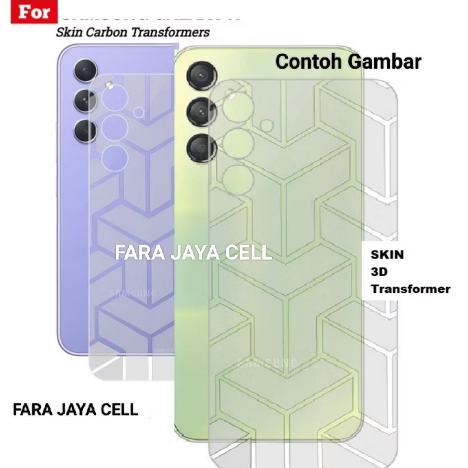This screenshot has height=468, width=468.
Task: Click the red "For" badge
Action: pos(34,12)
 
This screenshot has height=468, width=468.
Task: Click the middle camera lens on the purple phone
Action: pos(85,101)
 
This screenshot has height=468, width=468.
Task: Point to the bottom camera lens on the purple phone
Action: pos(85,131)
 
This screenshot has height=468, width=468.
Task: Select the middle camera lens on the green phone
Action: pos(202,112)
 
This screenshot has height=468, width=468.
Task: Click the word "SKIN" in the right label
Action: pos(387,255)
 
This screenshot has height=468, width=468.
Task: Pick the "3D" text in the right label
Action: pos(379,272)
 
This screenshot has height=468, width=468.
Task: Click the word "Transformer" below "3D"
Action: pos(410,289)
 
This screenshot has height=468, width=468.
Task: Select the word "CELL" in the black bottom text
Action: pos(119,409)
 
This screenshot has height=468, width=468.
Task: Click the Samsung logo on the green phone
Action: pos(267,364)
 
